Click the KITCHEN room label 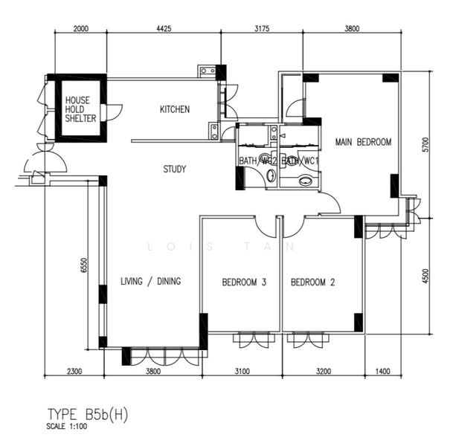pos(175,109)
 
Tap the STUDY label pos(175,169)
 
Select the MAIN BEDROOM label pos(362,141)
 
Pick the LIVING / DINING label pos(151,281)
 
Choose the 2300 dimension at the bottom pos(74,371)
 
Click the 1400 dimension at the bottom pos(382,371)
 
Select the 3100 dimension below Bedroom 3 pos(242,371)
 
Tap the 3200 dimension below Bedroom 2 pos(323,371)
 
